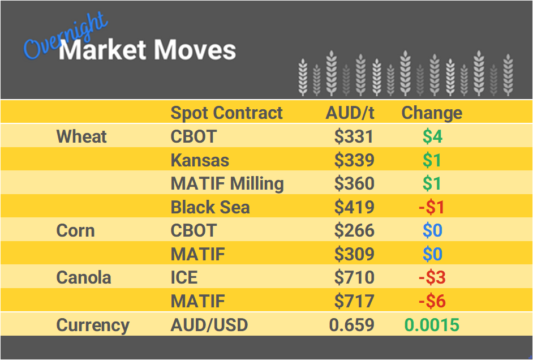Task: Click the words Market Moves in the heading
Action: point(147,50)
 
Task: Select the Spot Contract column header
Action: point(226,113)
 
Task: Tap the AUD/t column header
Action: point(350,113)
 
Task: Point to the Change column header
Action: point(432,113)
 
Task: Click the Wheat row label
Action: point(81,136)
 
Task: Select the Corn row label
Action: point(75,231)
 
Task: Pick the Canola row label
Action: point(84,278)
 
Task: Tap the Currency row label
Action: point(93,325)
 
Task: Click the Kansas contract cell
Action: point(200,160)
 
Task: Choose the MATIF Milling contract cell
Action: point(227,184)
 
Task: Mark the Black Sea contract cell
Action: point(210,207)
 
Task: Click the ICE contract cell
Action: point(184,278)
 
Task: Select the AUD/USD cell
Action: point(209,325)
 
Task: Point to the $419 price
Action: point(354,207)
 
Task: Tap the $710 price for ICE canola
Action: point(354,278)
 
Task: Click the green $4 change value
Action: point(432,136)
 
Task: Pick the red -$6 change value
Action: point(432,302)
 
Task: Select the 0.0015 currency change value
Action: point(432,325)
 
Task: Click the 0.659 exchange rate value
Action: point(352,325)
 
